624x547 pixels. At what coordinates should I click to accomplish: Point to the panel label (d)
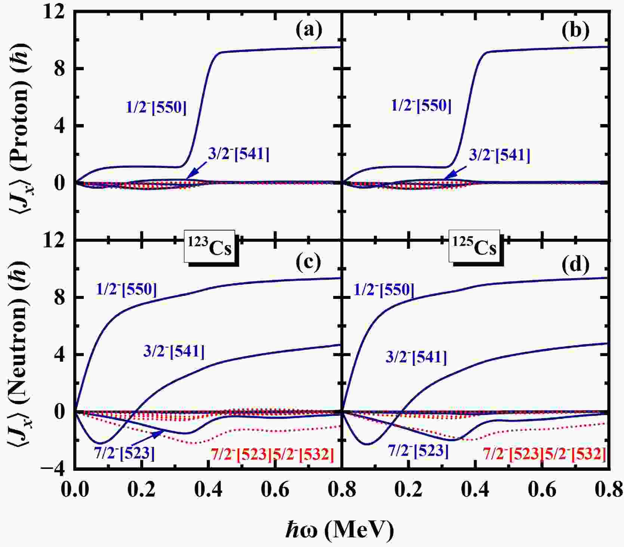coord(575,264)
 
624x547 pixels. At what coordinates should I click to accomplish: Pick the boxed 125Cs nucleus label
coord(474,247)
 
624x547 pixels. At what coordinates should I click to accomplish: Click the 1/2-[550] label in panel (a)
coord(156,108)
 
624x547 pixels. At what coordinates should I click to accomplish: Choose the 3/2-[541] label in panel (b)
coord(499,155)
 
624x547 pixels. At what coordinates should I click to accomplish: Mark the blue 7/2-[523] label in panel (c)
coord(124,453)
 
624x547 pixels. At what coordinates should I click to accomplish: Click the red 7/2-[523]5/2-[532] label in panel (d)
coord(544,454)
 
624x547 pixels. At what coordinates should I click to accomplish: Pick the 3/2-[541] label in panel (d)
coord(416,357)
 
